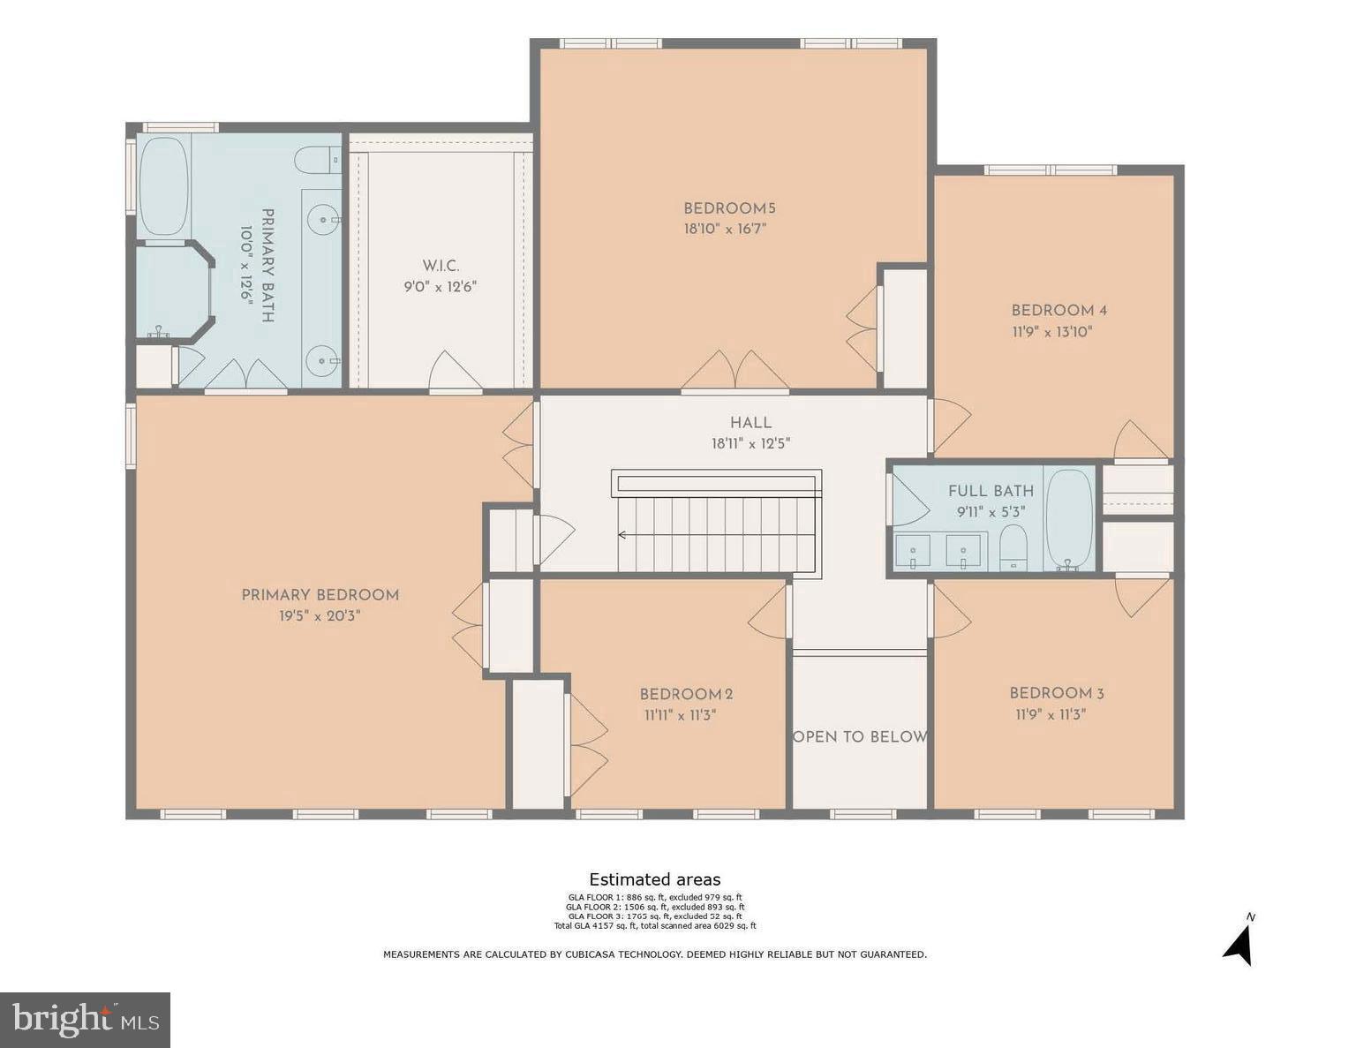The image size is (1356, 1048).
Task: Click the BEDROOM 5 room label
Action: [x=729, y=209]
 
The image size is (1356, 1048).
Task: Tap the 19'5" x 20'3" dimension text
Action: [x=320, y=616]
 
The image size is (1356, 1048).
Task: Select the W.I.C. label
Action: [x=441, y=266]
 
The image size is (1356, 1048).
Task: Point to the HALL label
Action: [x=750, y=423]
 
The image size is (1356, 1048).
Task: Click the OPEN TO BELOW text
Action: [x=860, y=737]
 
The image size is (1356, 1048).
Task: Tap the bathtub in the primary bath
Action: [x=164, y=186]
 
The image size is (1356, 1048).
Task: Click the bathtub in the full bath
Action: [x=1069, y=519]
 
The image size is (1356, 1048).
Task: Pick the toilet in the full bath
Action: [x=1013, y=547]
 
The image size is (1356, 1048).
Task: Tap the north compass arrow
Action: [x=1239, y=946]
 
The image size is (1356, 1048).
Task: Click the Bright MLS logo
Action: [x=85, y=1020]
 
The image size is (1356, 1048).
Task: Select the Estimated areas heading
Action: [x=654, y=879]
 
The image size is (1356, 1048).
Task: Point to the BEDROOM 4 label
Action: [x=1058, y=311]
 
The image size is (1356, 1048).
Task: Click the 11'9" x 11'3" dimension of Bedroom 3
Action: [x=1050, y=715]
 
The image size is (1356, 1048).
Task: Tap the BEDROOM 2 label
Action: [x=686, y=695]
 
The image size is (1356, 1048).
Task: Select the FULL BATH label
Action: [x=991, y=491]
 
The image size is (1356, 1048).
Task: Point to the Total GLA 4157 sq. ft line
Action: [x=654, y=926]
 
